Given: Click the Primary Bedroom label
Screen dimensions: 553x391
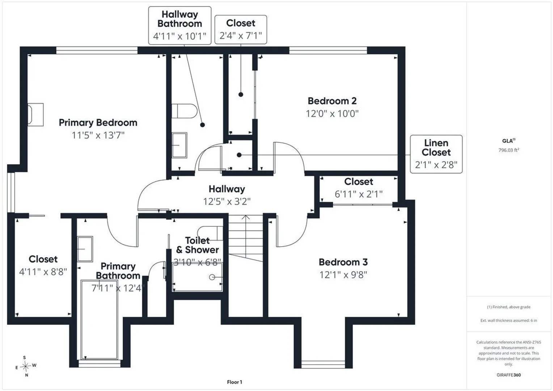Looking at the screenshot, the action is [98, 122].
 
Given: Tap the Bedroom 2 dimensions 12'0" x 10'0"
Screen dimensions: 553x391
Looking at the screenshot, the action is [332, 114].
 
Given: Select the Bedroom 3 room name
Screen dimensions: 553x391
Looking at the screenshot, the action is [343, 262].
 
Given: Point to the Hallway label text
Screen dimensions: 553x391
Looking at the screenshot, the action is [227, 189].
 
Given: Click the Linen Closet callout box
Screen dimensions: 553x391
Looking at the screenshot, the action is [436, 154].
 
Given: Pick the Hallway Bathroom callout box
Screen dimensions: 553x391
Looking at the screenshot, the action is [180, 25].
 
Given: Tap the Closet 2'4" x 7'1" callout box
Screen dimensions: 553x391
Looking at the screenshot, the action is [241, 30].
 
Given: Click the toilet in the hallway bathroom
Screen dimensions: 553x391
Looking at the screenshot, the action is [185, 111].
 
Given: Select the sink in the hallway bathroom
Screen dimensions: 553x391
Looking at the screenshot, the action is [179, 145].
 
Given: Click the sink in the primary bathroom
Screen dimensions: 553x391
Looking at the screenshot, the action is [85, 249].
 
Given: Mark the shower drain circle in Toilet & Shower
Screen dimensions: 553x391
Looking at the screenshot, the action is [212, 277].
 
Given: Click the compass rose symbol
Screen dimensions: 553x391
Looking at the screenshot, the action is [25, 366].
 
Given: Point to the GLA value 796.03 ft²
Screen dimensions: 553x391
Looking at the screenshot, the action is [508, 150].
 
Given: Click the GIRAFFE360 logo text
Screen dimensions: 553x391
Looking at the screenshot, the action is [508, 375].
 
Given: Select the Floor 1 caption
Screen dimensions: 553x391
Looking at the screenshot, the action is [235, 382].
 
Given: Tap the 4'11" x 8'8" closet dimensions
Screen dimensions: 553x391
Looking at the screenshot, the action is [43, 272].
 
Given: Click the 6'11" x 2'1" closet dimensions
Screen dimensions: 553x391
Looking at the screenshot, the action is [358, 194].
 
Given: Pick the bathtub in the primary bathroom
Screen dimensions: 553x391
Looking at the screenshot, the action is [99, 320].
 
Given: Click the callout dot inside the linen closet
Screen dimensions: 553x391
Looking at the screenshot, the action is [239, 155].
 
